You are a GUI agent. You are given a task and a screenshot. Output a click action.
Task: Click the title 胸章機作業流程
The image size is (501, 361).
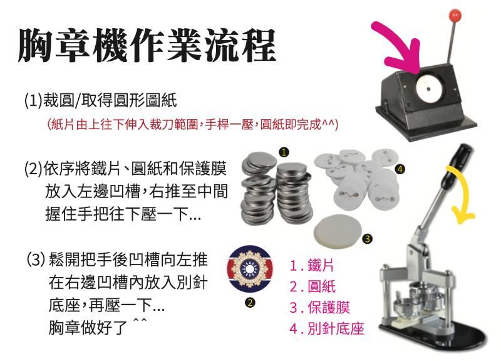(x=147, y=45)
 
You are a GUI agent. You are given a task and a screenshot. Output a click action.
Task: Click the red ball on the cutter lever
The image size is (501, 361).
(x=455, y=14)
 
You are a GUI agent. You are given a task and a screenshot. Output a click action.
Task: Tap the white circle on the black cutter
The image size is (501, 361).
(x=429, y=88)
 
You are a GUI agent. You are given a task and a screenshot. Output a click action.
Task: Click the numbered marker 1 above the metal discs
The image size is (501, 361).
(x=284, y=152)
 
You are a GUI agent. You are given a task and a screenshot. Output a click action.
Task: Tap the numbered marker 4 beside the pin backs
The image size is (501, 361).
(x=400, y=169)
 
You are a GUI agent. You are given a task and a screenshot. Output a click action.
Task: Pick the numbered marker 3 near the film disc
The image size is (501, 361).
(x=368, y=239)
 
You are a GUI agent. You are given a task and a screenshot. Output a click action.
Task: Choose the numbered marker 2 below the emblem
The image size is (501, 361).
(x=250, y=303)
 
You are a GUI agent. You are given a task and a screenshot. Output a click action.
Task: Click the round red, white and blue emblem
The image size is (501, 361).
(x=250, y=269)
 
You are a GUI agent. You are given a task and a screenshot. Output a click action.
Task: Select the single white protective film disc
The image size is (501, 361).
(x=338, y=231)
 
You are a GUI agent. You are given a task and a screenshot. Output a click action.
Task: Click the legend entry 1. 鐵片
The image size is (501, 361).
(x=311, y=265)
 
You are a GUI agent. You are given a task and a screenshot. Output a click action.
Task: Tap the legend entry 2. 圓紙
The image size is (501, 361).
(x=312, y=286)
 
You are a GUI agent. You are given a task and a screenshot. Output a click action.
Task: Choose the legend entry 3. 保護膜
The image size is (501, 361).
(x=319, y=307)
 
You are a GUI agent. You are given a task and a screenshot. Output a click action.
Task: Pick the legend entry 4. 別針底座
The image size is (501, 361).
(x=326, y=328)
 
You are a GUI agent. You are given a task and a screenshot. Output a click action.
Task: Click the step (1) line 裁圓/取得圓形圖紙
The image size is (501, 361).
(x=101, y=100)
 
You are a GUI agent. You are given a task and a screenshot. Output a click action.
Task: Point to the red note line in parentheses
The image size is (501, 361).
(x=193, y=124)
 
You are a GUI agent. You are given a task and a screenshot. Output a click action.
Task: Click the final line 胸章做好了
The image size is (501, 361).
(x=98, y=327)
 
